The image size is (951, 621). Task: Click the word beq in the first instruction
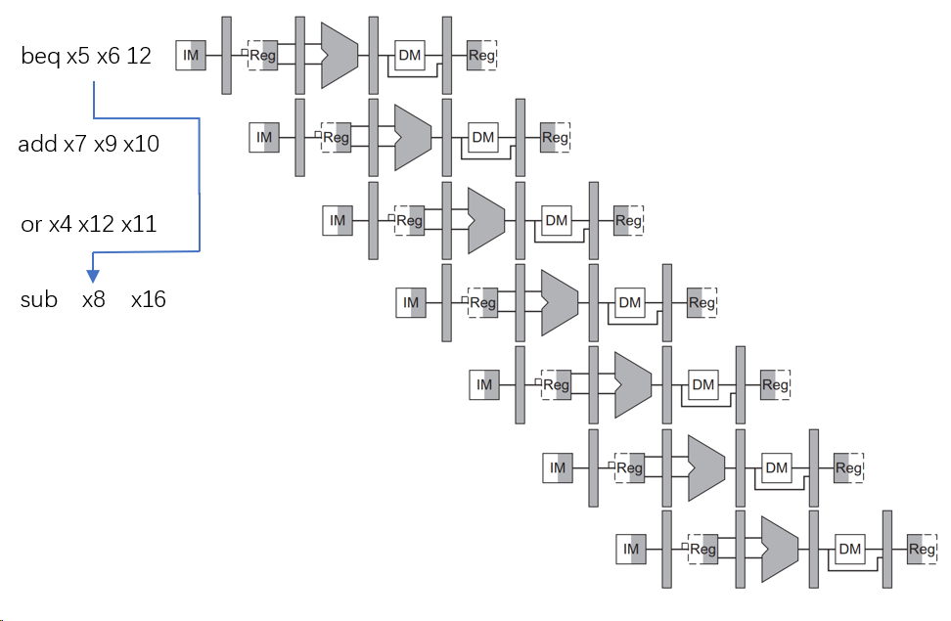pos(41,57)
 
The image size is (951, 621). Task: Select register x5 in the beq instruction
pos(78,57)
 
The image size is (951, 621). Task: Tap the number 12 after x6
pos(139,57)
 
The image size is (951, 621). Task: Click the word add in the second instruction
pos(37,145)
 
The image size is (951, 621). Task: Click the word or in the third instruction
pos(31,225)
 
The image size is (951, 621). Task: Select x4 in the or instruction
pos(61,225)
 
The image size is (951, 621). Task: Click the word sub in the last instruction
pos(39,299)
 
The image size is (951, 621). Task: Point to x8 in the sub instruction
pos(94,299)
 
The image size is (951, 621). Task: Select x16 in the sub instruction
pos(149,299)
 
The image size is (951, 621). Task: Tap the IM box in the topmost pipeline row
pos(191,56)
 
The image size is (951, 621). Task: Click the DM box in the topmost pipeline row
pos(410,56)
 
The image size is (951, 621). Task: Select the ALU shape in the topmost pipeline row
pos(339,55)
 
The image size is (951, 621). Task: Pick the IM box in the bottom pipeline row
pos(631,550)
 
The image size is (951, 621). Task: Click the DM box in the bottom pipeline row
pos(849,550)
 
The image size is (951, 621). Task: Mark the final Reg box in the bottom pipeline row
pos(922,550)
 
